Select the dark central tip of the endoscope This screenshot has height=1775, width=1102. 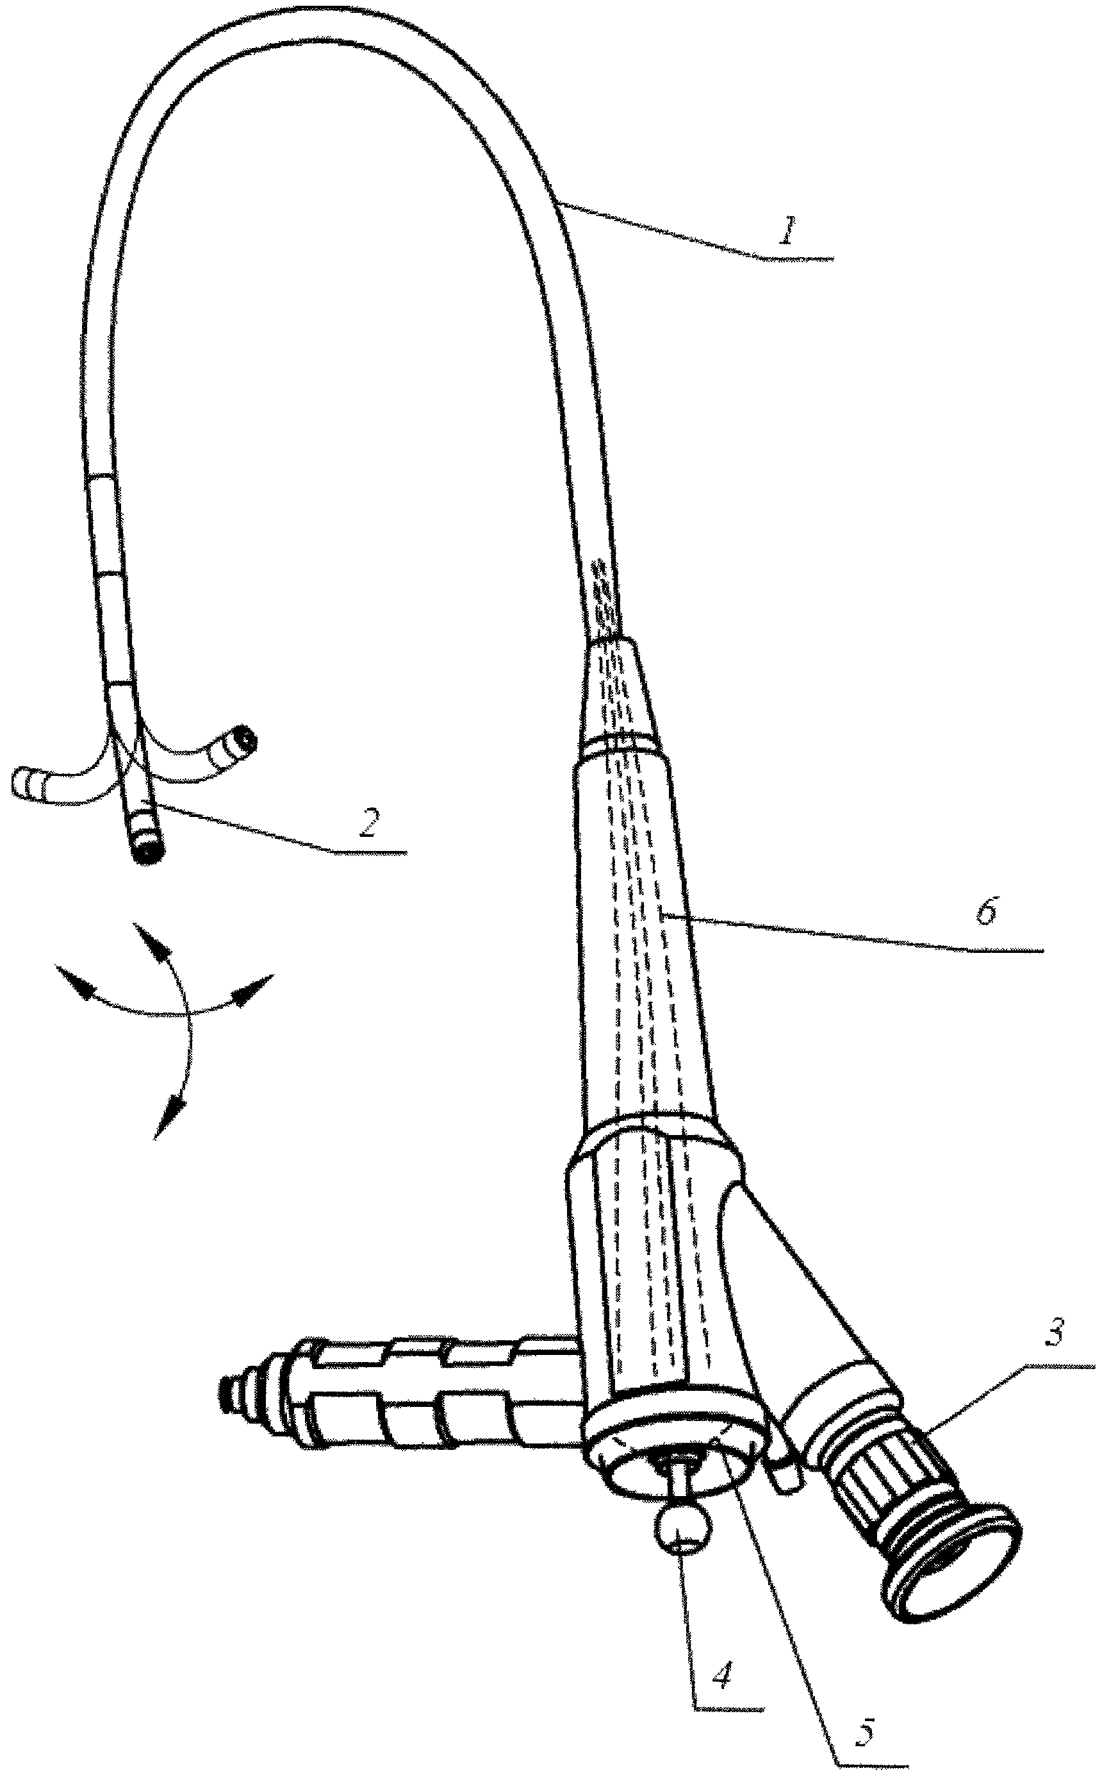[148, 852]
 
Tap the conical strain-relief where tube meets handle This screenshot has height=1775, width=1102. [618, 689]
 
